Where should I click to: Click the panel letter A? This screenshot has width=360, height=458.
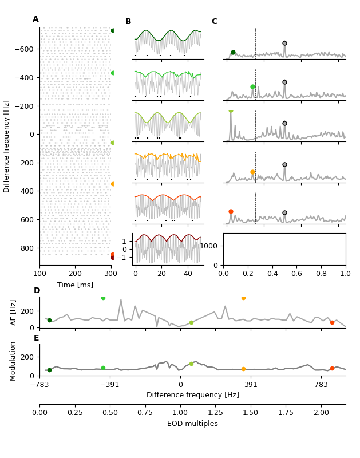tap(35, 19)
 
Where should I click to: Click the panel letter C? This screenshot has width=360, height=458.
tap(214, 22)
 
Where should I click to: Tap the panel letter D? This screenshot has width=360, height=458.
tap(37, 291)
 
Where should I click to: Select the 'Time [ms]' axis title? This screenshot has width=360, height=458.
tap(75, 285)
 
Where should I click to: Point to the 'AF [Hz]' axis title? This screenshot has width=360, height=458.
tap(14, 312)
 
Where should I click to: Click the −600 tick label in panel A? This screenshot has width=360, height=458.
tap(23, 49)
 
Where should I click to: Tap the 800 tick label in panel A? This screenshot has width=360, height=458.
tap(27, 248)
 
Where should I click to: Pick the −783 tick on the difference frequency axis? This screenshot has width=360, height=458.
tap(39, 385)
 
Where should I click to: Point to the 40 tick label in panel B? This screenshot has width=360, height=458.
tap(188, 274)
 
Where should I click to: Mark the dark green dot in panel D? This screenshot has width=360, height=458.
tap(49, 321)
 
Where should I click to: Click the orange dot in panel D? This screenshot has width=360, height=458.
tap(243, 298)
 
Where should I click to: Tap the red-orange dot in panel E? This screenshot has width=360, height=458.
tap(332, 369)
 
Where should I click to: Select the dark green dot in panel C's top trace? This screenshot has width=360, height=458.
tap(233, 52)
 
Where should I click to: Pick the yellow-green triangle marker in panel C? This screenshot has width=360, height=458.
tap(231, 110)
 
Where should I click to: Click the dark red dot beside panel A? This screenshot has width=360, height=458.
tap(113, 258)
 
